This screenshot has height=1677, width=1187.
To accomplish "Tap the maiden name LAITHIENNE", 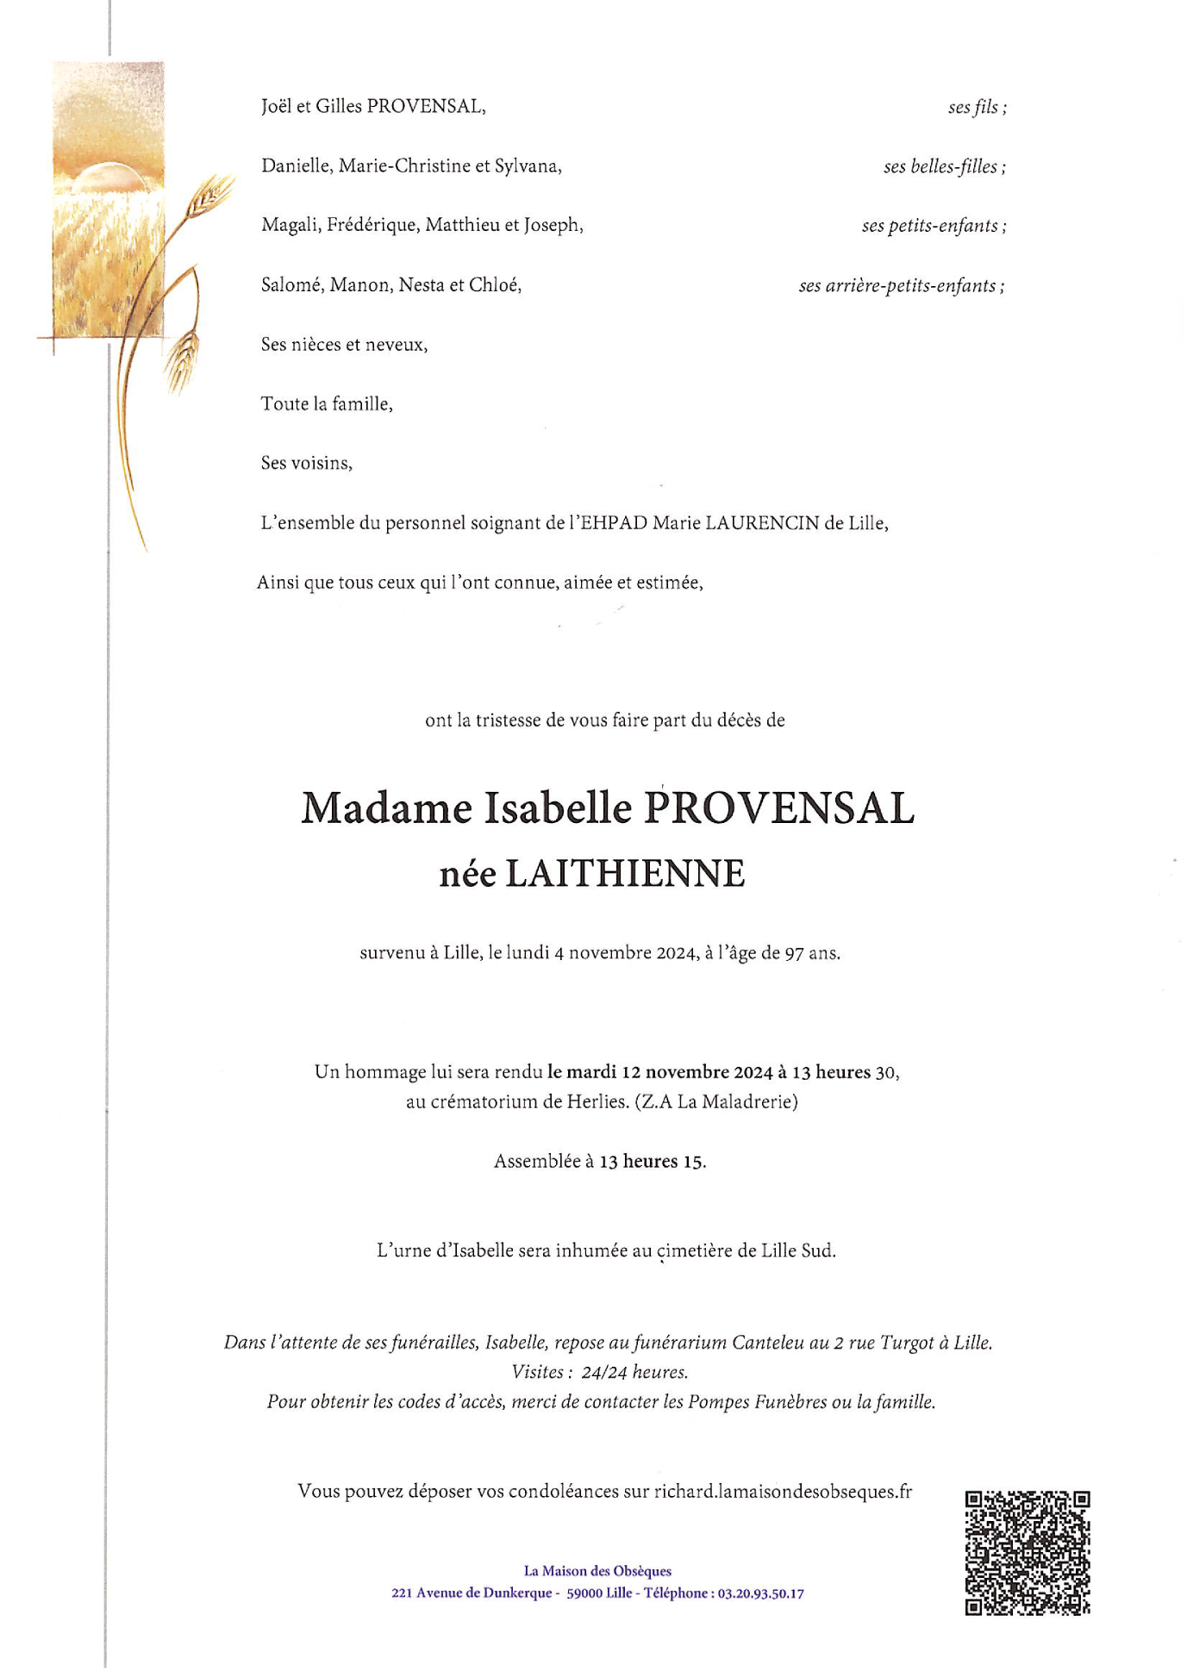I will pyautogui.click(x=624, y=874).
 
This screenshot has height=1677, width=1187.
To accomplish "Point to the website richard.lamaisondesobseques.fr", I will pyautogui.click(x=782, y=1492).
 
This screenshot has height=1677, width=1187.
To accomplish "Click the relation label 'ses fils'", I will pyautogui.click(x=977, y=107).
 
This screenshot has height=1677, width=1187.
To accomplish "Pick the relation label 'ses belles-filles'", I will pyautogui.click(x=944, y=166).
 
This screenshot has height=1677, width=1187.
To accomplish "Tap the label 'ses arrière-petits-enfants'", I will pyautogui.click(x=901, y=285).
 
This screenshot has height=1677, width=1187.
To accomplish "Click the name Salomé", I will pyautogui.click(x=292, y=285).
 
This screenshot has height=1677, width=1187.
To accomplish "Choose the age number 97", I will pyautogui.click(x=794, y=953).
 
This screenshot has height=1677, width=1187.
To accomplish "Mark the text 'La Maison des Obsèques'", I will pyautogui.click(x=597, y=1571).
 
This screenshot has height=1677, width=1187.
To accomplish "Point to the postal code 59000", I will pyautogui.click(x=584, y=1593).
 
